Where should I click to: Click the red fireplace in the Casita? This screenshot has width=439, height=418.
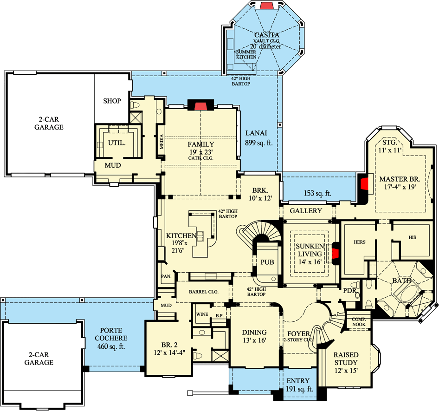pyautogui.click(x=267, y=6)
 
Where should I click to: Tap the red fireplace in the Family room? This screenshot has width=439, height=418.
pyautogui.click(x=200, y=105)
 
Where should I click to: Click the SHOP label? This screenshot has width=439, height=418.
pyautogui.click(x=112, y=101)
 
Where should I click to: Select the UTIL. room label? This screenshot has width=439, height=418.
pyautogui.click(x=116, y=143)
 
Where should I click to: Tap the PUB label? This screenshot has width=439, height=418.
pyautogui.click(x=267, y=262)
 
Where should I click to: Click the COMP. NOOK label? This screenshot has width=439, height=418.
pyautogui.click(x=359, y=322)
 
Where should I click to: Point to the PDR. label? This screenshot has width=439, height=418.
pyautogui.click(x=349, y=290)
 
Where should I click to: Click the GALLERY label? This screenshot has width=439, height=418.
pyautogui.click(x=306, y=211)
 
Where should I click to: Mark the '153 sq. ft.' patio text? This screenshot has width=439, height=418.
pyautogui.click(x=317, y=193)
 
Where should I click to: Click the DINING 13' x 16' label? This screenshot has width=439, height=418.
pyautogui.click(x=254, y=336)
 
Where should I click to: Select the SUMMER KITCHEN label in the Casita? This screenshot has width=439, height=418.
pyautogui.click(x=246, y=54)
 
